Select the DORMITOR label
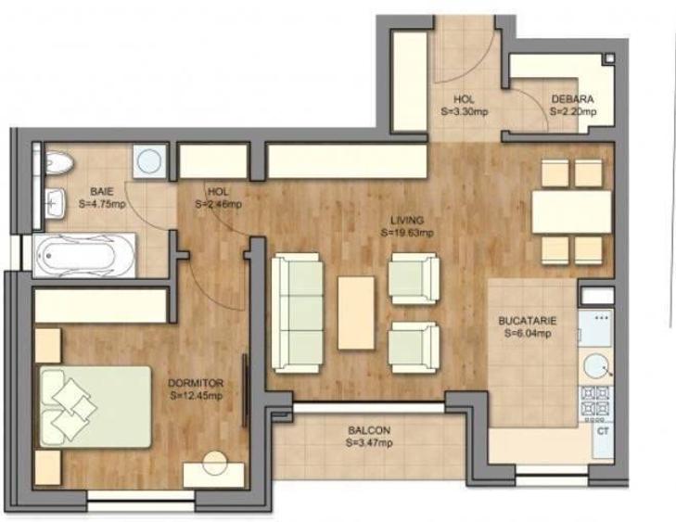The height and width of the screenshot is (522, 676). pyautogui.click(x=197, y=382)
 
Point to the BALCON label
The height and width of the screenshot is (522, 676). pyautogui.click(x=368, y=431)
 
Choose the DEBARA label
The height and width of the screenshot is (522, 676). pyautogui.click(x=572, y=99)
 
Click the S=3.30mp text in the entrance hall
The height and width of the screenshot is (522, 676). pyautogui.click(x=464, y=111)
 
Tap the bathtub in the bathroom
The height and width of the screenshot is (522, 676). pyautogui.click(x=84, y=251)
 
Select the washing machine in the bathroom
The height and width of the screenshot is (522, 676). pyautogui.click(x=148, y=160)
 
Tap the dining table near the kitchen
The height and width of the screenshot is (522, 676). pyautogui.click(x=571, y=212)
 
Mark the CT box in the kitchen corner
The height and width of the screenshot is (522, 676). pyautogui.click(x=602, y=432)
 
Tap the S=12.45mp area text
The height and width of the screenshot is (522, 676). pyautogui.click(x=197, y=395)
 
